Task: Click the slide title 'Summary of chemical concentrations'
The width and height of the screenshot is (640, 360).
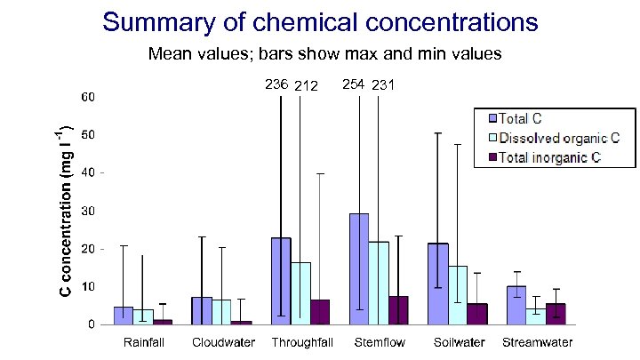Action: click(x=319, y=21)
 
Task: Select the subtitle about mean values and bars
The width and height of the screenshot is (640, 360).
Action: click(x=325, y=54)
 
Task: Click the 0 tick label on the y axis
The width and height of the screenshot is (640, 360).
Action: click(x=92, y=325)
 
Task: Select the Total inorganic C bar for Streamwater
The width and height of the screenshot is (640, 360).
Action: click(x=556, y=314)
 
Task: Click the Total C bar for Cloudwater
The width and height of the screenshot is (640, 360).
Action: click(x=202, y=310)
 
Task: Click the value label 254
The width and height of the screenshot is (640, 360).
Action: click(x=354, y=84)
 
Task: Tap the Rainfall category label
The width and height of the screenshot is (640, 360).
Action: click(x=142, y=342)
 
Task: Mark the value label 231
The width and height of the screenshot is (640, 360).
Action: click(x=384, y=85)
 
